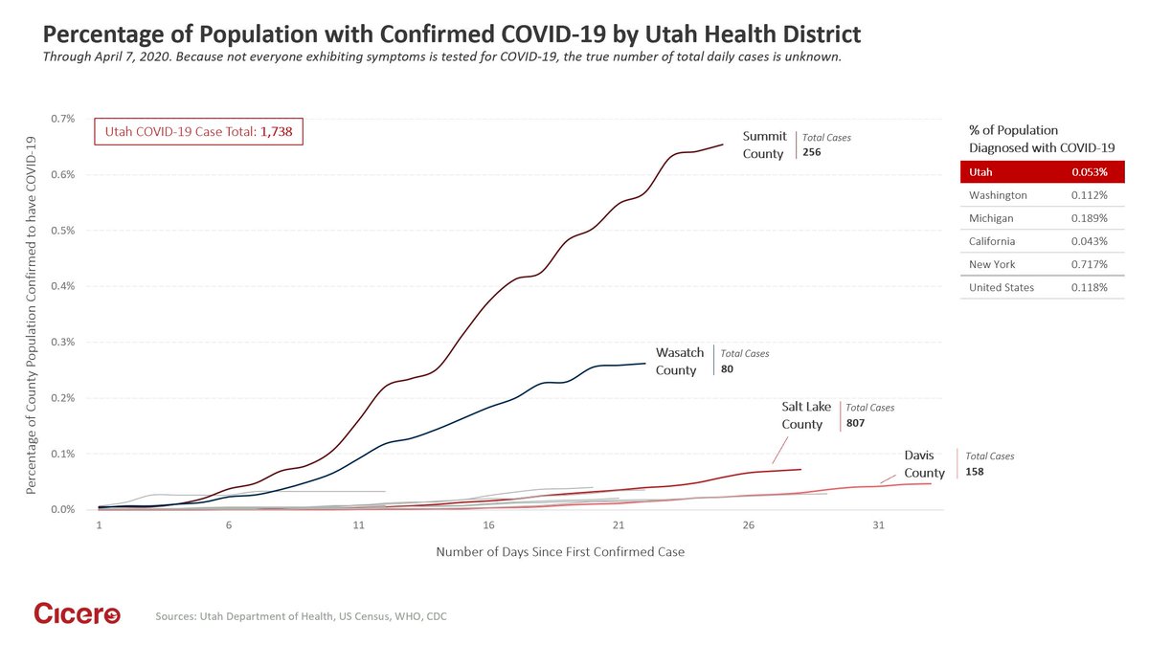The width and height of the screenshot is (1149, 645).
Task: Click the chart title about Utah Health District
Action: (451, 34)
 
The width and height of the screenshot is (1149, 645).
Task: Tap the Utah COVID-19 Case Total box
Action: (198, 132)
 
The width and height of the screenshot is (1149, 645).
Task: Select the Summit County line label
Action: (764, 145)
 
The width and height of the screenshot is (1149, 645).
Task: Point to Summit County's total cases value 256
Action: (811, 152)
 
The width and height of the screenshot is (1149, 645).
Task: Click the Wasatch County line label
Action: (676, 361)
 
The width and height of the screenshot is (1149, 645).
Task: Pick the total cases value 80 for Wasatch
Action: (727, 368)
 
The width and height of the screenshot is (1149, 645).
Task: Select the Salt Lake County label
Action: (805, 415)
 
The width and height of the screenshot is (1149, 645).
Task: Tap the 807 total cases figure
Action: (855, 422)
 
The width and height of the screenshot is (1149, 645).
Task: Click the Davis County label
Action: (924, 464)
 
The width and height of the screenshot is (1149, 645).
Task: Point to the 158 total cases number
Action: (975, 472)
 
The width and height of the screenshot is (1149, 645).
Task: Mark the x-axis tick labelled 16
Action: (488, 526)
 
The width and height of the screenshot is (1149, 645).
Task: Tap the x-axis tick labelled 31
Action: (878, 526)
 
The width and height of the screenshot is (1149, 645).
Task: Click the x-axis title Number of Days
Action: (560, 552)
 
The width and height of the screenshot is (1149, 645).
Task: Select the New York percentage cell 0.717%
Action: (1090, 264)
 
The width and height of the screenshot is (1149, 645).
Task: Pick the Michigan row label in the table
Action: (992, 218)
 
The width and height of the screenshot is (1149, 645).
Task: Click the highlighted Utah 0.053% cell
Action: (1090, 172)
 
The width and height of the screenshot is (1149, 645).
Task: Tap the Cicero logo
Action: (77, 614)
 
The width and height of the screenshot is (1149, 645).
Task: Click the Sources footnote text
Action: (301, 617)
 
